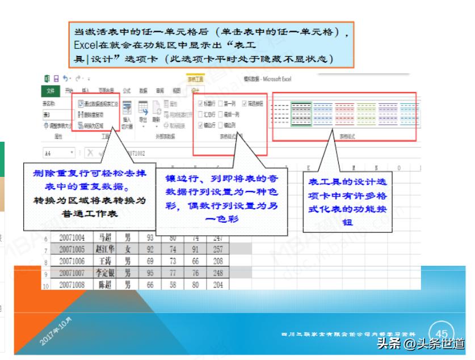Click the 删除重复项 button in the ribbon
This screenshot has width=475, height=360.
click(93, 115)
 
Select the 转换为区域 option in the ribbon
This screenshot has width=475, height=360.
click(93, 125)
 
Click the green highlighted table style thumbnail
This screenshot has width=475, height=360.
click(301, 113)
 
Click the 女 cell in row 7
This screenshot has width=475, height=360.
click(128, 248)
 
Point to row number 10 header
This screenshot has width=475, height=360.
click(45, 285)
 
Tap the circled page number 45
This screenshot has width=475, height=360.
click(442, 333)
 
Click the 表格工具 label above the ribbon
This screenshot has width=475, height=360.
click(195, 79)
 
